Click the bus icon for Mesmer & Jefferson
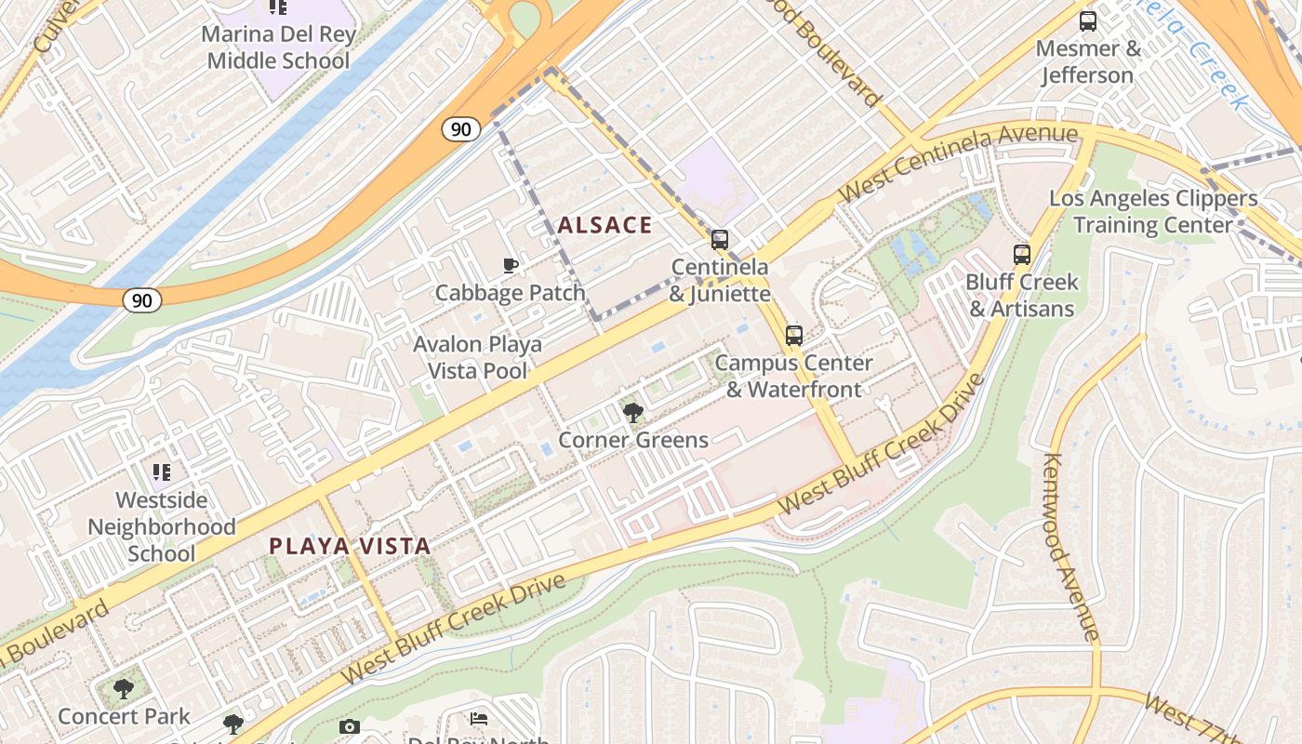point(1087,20)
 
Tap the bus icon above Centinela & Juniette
point(719,239)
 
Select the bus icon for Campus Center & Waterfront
point(793,335)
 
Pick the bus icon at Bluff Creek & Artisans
point(1021,254)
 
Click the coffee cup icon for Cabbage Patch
point(510,266)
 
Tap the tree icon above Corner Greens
point(632,412)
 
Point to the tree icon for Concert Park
point(123,689)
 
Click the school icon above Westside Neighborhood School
point(162,472)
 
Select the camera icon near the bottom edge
point(349,726)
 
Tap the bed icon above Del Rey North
point(478,719)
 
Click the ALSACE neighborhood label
point(604,225)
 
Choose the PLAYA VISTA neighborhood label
point(350,546)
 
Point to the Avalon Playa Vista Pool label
point(478,358)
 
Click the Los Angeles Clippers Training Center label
point(1153,212)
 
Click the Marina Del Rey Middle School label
point(278,48)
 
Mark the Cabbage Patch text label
point(511,293)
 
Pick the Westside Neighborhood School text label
point(162,526)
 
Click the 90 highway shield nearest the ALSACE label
point(461,129)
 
